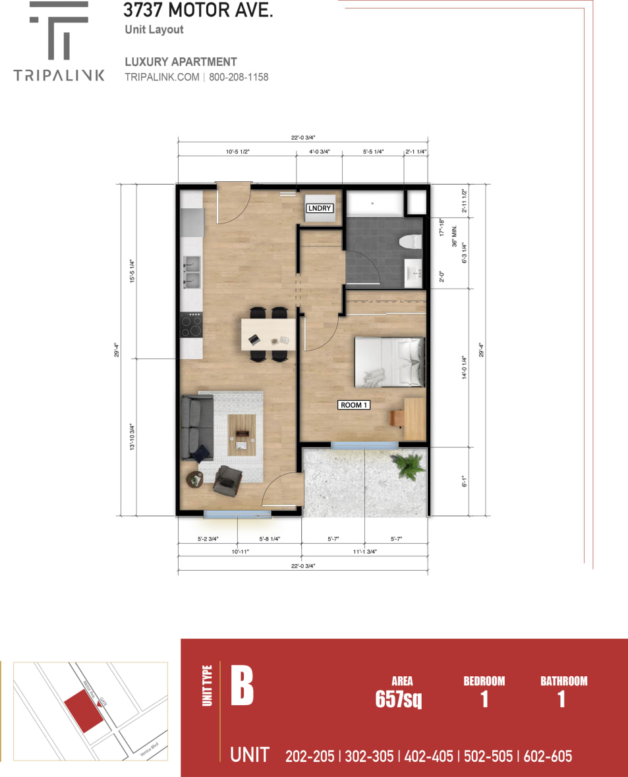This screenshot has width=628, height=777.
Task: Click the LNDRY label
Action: tap(320, 208)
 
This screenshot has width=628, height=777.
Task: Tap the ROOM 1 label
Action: tap(354, 405)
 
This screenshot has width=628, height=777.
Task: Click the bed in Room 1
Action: tap(389, 362)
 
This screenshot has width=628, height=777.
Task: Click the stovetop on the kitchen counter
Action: tap(191, 324)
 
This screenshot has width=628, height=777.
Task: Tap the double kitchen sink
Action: tap(192, 272)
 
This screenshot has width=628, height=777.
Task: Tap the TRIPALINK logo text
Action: tap(59, 75)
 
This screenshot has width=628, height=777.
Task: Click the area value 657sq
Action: tap(398, 700)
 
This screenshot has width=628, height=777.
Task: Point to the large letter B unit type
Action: tap(242, 686)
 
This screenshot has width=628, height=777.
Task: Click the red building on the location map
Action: tap(84, 710)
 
